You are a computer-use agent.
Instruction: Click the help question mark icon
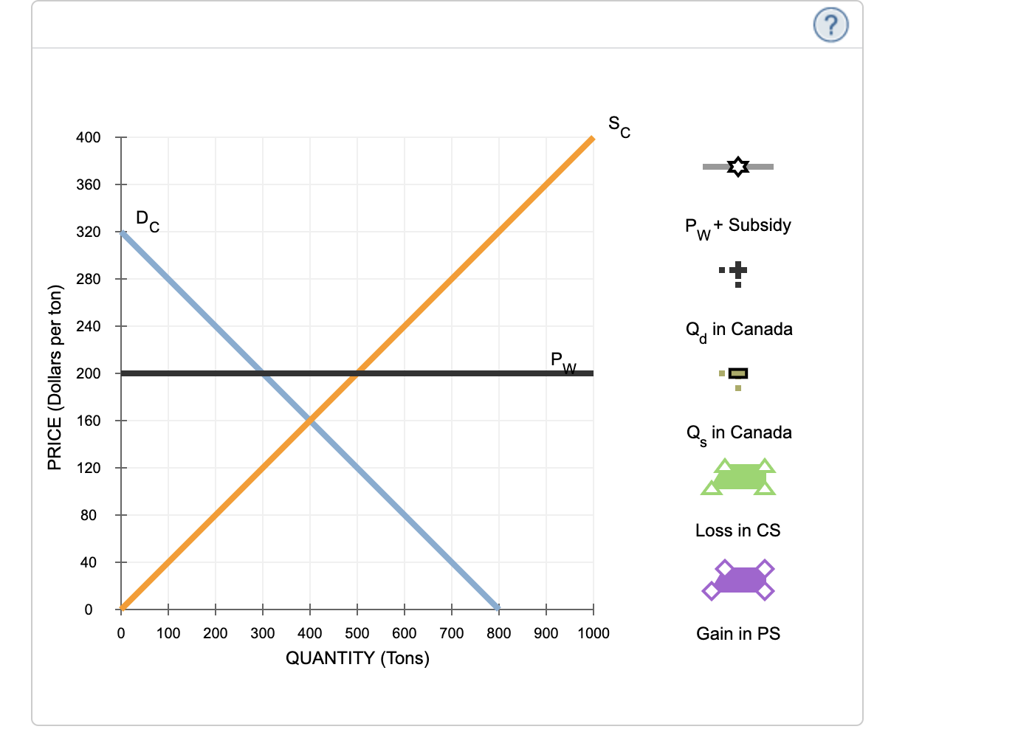tap(830, 25)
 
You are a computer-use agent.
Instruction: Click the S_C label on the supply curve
tap(619, 126)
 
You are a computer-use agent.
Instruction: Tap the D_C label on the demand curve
tap(147, 221)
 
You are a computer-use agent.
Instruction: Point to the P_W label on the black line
tap(563, 362)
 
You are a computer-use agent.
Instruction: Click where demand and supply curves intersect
tap(310, 421)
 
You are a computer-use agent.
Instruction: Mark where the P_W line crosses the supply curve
tap(357, 373)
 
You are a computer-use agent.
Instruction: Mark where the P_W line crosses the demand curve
tap(263, 373)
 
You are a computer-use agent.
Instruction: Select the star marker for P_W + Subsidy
tap(737, 167)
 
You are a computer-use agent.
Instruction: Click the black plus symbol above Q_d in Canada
tap(737, 271)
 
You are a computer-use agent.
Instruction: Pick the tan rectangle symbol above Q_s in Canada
tap(737, 373)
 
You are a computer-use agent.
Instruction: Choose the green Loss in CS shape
tap(738, 477)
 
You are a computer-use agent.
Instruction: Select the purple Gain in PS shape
tap(738, 580)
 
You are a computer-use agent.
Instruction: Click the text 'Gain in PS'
tap(738, 634)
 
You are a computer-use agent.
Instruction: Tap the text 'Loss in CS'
tap(737, 531)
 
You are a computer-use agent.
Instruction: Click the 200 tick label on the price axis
tap(88, 373)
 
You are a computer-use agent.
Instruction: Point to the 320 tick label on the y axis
tap(88, 232)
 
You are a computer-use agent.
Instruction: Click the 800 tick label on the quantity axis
tap(499, 633)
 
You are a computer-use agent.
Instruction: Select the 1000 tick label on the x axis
tap(594, 633)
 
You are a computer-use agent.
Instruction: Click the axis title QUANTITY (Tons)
tap(357, 658)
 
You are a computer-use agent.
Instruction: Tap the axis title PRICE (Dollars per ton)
tap(54, 377)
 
